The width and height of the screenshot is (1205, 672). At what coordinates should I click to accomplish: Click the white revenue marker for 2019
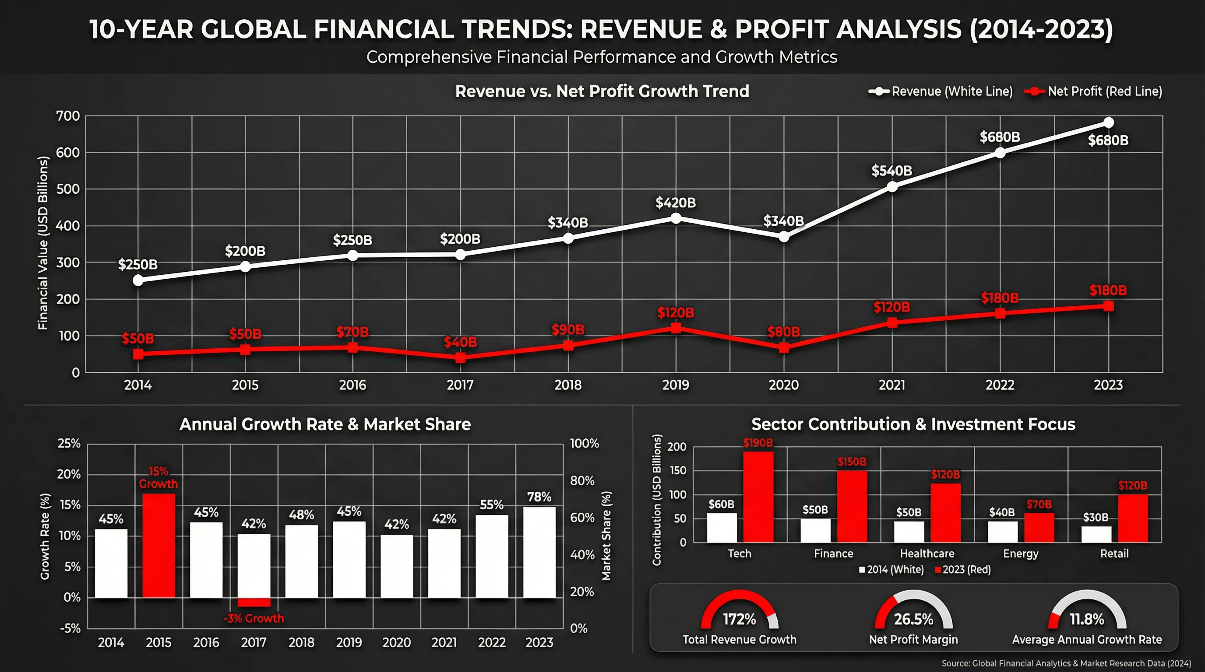pyautogui.click(x=676, y=218)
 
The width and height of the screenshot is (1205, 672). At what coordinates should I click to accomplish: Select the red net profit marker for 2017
pyautogui.click(x=460, y=358)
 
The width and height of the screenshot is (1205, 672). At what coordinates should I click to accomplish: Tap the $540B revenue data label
pyautogui.click(x=891, y=171)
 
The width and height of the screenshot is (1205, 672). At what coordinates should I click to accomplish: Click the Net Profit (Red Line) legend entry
pyautogui.click(x=1093, y=91)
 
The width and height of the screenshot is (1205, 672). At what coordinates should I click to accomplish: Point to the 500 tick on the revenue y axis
pyautogui.click(x=68, y=189)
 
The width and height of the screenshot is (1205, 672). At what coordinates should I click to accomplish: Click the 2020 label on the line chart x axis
pyautogui.click(x=783, y=385)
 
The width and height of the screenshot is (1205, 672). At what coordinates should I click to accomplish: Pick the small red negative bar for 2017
pyautogui.click(x=254, y=602)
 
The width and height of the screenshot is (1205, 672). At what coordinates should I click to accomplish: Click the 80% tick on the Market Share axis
pyautogui.click(x=582, y=480)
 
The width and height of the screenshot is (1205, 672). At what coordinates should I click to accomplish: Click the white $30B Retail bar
pyautogui.click(x=1096, y=534)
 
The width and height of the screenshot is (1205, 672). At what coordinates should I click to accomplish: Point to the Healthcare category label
pyautogui.click(x=927, y=554)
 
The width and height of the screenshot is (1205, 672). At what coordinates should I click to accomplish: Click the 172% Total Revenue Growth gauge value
pyautogui.click(x=739, y=619)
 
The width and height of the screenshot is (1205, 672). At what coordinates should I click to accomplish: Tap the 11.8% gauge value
pyautogui.click(x=1087, y=619)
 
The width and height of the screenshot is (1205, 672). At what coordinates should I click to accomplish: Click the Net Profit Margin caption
pyautogui.click(x=913, y=640)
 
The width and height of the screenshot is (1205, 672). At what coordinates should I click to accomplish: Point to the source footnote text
pyautogui.click(x=1066, y=664)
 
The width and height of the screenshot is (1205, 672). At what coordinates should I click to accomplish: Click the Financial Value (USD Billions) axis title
pyautogui.click(x=43, y=243)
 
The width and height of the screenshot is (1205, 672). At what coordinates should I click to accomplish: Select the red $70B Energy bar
pyautogui.click(x=1039, y=528)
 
